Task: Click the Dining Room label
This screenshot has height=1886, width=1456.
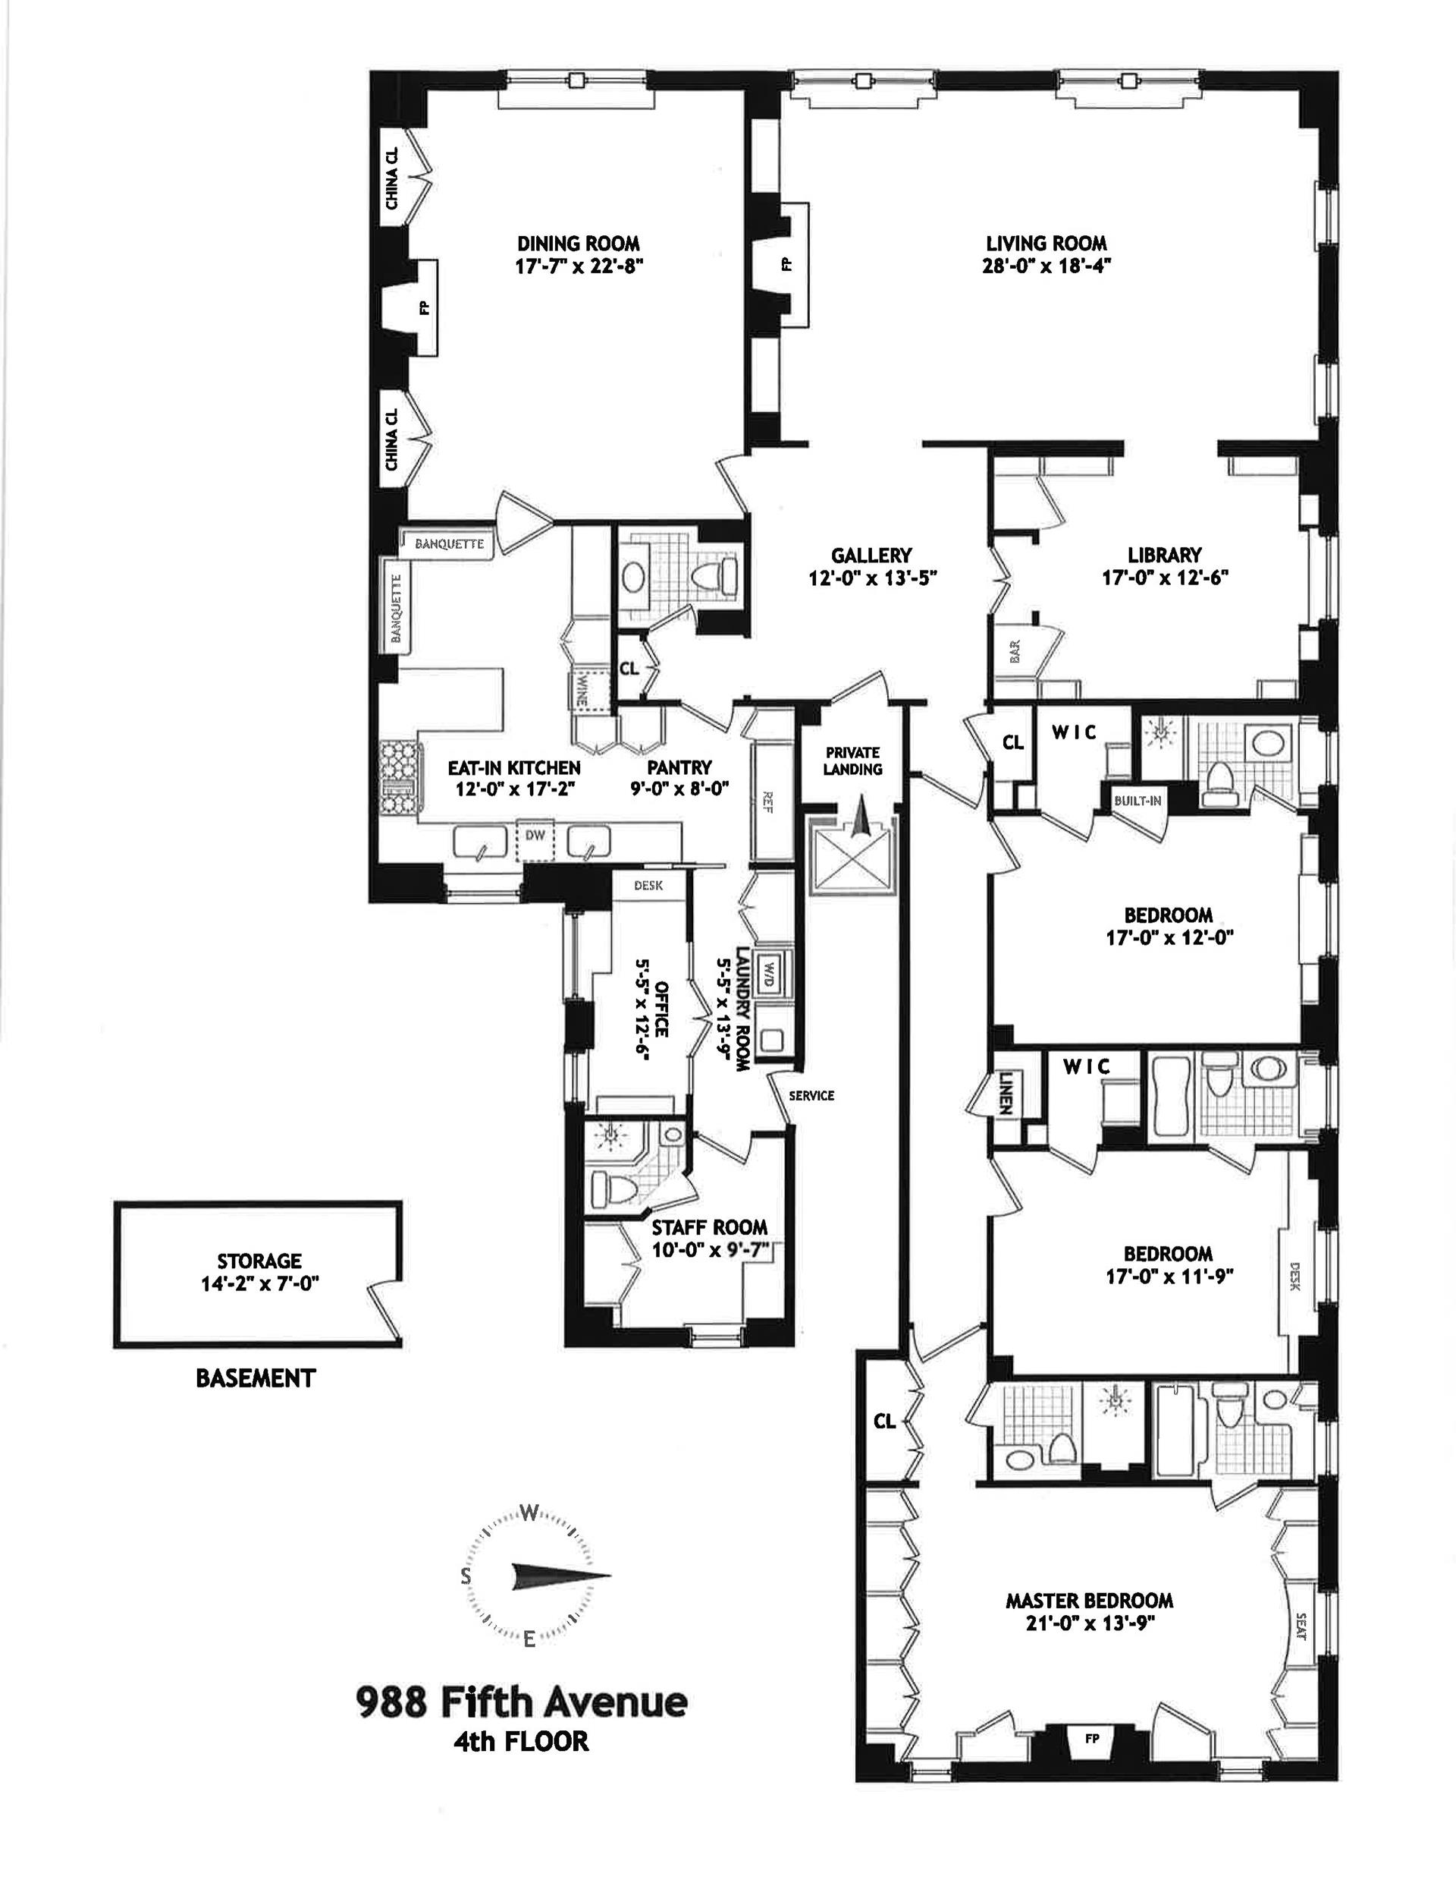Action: point(579,244)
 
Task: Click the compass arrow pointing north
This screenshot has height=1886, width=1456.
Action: point(561,1574)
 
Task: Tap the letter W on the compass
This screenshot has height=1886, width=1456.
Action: point(530,1513)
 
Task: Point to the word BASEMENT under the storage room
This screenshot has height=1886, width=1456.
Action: point(256,1378)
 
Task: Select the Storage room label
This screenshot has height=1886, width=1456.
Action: point(259,1261)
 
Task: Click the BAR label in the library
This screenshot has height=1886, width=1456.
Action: point(1014,650)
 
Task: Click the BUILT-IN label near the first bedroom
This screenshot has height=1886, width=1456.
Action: point(1137,801)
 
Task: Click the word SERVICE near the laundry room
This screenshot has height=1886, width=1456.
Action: point(811,1095)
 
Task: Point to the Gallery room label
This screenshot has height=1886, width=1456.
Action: point(871,556)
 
